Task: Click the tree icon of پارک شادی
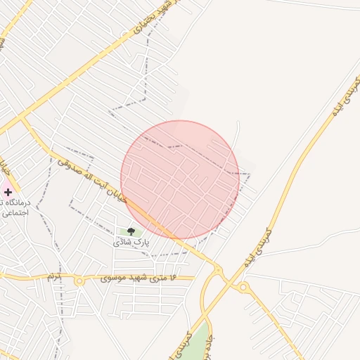coord(131,231)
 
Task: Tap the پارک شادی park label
coord(131,242)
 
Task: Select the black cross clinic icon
coord(8,192)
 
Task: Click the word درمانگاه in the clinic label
coord(13,202)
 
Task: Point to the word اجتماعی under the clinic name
coord(14,212)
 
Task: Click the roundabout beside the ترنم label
coord(79,281)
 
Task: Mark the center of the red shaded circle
coord(180,180)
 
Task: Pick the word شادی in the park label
coord(122,242)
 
